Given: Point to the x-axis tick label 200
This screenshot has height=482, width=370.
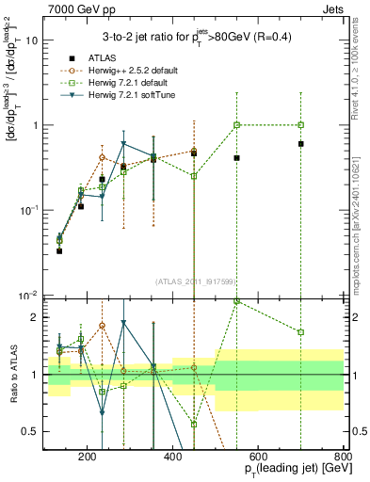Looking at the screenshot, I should point(87,457).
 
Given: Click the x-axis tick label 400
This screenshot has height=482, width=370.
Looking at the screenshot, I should point(172,457).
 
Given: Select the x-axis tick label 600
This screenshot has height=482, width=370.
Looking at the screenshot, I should point(258,457).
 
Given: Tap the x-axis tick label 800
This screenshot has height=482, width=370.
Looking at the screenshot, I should point(342,457).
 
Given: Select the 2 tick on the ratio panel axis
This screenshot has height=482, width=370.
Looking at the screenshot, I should point(38,317).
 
